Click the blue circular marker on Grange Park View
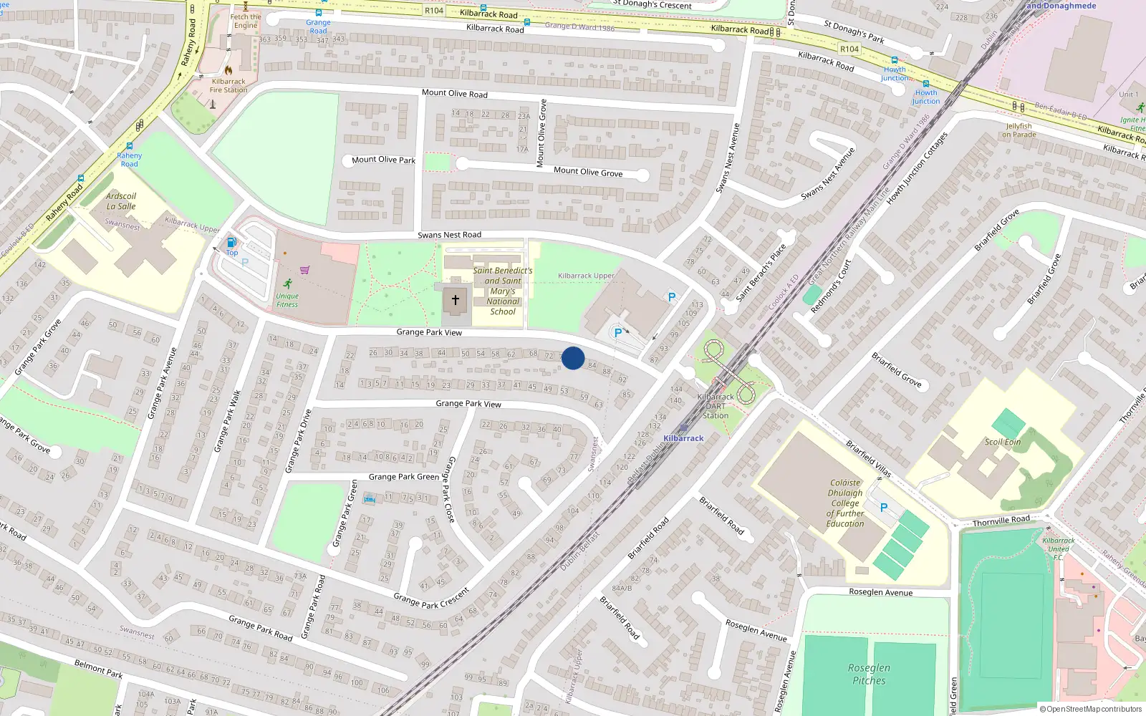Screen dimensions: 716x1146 tap(573, 358)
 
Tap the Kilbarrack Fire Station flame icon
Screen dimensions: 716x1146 tap(228, 70)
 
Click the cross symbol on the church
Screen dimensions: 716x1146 tap(455, 300)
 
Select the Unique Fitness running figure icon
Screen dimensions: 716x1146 tap(287, 284)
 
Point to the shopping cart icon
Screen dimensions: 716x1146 tap(304, 270)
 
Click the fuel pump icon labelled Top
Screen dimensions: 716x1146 tap(231, 243)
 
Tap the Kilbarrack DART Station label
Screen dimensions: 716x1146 tap(716, 406)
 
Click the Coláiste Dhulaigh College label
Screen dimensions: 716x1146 tap(845, 503)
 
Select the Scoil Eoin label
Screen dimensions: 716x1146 tap(1002, 442)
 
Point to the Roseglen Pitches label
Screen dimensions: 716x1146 tap(869, 674)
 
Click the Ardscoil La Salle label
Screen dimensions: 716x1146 tap(121, 201)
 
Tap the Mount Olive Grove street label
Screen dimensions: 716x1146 tap(587, 172)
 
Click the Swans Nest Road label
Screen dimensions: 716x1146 tap(449, 235)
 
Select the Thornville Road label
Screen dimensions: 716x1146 tap(1001, 521)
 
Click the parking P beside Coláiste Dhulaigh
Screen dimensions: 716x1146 tap(883, 507)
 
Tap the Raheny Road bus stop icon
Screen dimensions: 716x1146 tap(130, 146)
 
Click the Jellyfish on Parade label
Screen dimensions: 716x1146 tap(1019, 130)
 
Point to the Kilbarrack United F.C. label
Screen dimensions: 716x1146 tap(1058, 548)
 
